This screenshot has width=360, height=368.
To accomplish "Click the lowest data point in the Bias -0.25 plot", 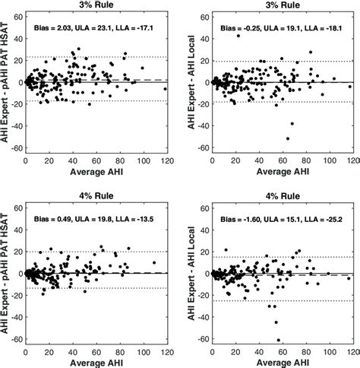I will pyautogui.click(x=287, y=138).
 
